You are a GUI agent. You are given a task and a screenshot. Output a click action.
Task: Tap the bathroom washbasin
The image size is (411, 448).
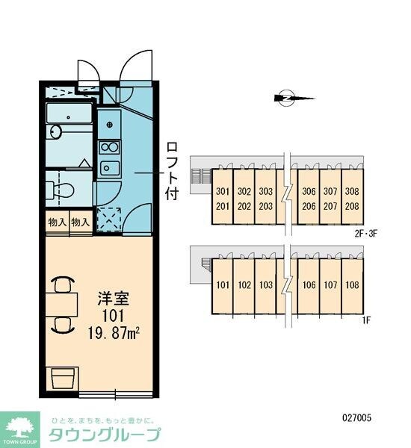point(56,132)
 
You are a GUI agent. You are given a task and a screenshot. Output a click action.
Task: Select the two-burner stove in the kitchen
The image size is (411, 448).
point(109,147)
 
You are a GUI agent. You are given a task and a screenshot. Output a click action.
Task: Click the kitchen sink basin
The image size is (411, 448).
point(109,169)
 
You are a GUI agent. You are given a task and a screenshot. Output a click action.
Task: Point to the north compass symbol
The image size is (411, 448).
point(294,99)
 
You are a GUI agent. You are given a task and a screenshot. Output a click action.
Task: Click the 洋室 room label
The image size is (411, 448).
point(114,298)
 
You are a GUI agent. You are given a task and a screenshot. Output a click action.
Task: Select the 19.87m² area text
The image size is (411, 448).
point(114,333)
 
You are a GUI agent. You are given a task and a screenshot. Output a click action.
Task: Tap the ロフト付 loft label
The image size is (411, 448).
point(172,171)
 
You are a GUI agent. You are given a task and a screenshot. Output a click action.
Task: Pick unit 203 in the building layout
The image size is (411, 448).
point(266,206)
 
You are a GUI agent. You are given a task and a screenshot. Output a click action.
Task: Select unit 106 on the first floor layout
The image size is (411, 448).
point(309,285)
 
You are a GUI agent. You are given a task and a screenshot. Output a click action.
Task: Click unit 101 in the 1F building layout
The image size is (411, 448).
point(223,285)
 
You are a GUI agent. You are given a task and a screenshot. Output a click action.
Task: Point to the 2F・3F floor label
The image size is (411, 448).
point(366,234)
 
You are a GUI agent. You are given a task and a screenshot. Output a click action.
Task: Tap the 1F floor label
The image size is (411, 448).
point(366,320)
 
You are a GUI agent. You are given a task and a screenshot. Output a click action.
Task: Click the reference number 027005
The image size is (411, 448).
point(357,418)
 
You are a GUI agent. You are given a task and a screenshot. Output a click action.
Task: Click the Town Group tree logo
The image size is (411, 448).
point(19,428)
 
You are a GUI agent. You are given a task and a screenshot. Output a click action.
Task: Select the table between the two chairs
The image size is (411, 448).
point(62,305)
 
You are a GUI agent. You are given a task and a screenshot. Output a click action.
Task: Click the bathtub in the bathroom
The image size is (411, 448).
point(69,113)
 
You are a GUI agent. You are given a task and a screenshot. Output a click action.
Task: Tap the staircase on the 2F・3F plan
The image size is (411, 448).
point(202,176)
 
